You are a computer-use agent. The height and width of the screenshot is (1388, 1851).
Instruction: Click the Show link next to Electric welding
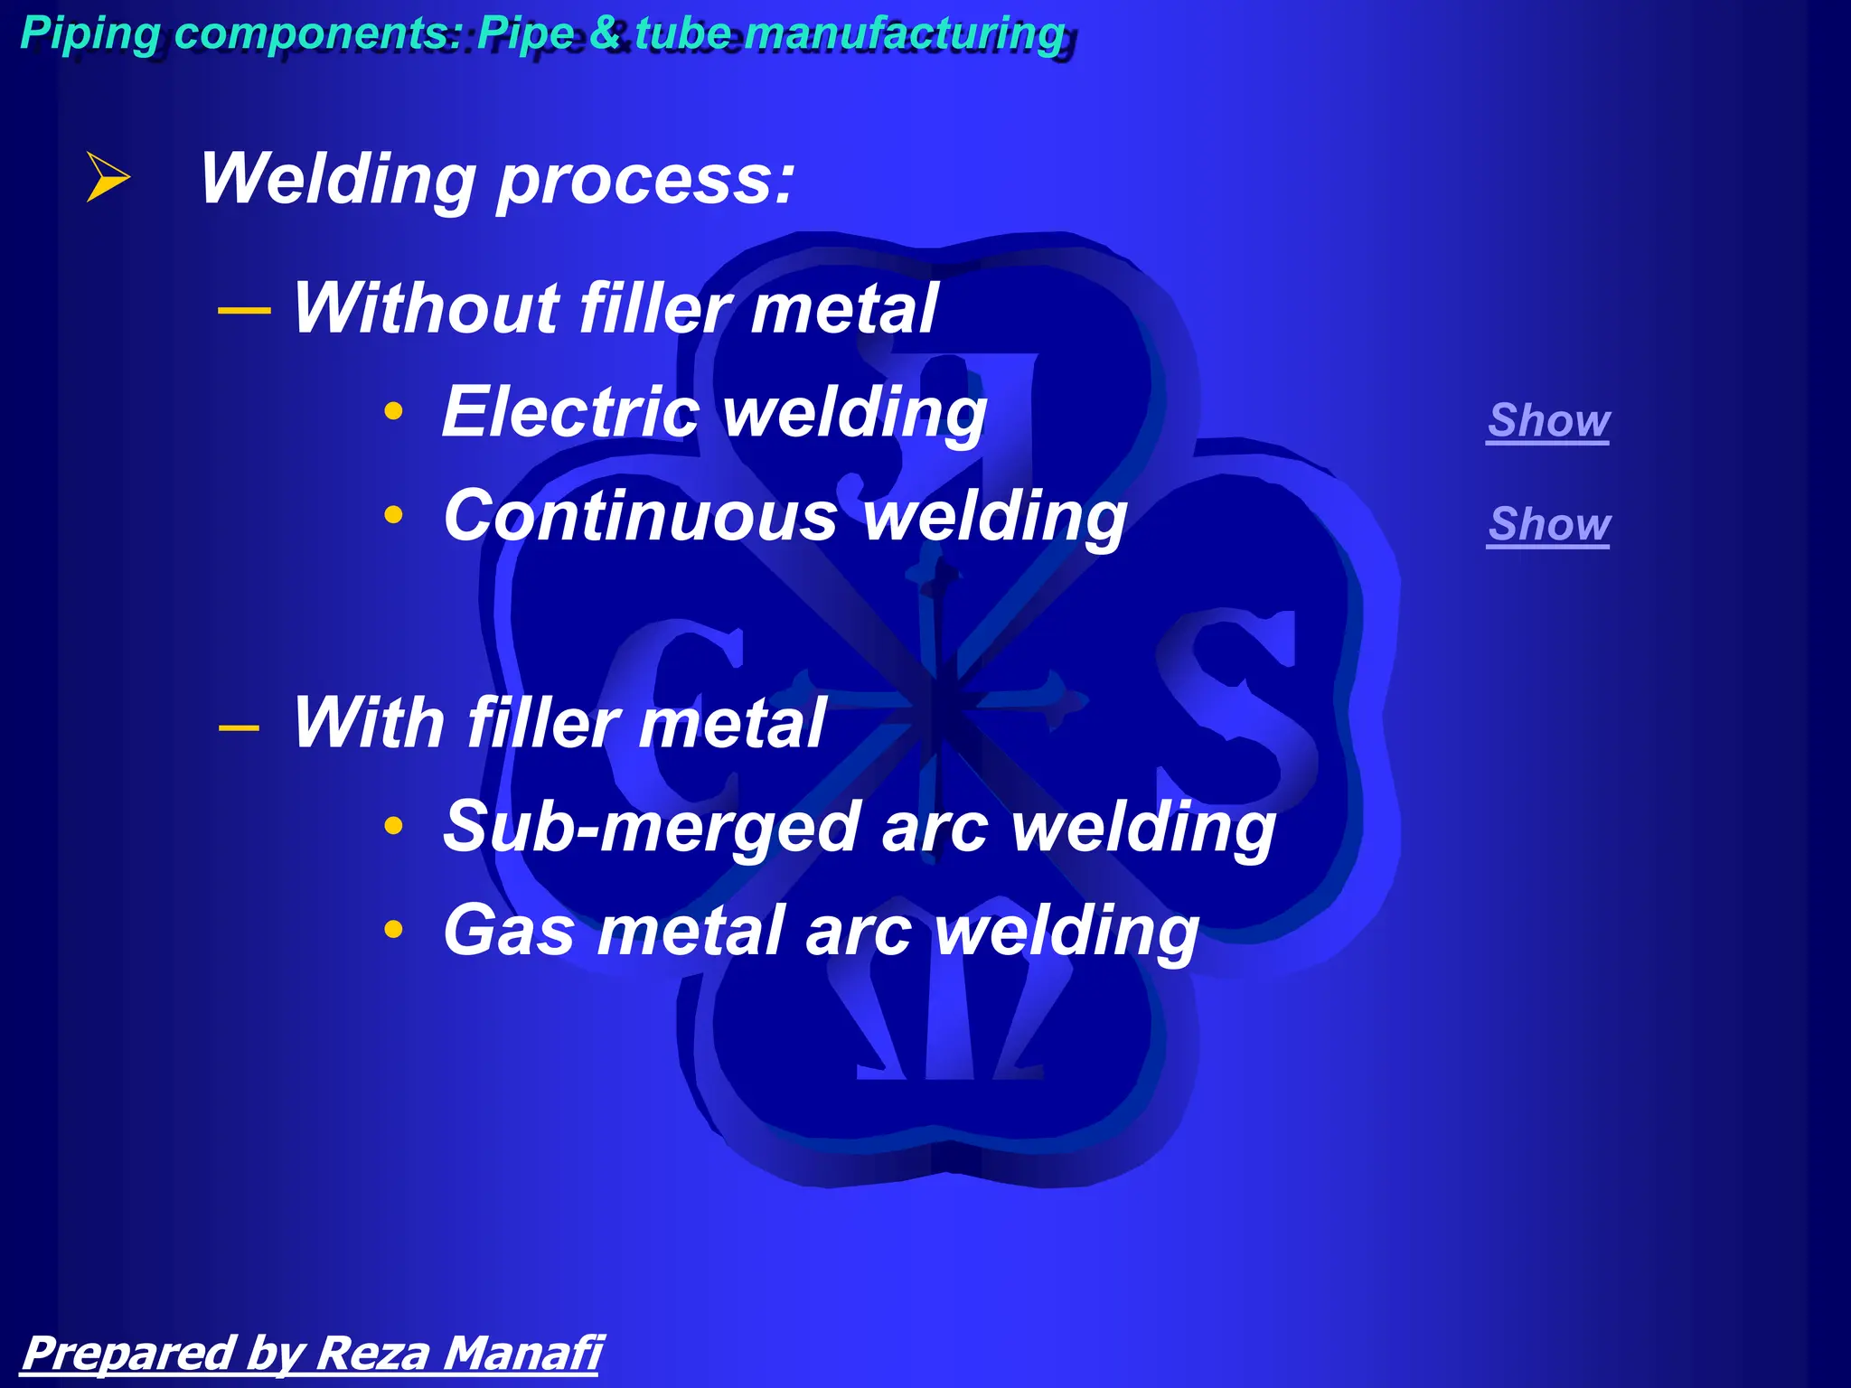[1548, 420]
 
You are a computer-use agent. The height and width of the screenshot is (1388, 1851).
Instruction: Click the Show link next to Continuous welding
[1549, 524]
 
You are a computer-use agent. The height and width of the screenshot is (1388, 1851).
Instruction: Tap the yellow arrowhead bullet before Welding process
[108, 177]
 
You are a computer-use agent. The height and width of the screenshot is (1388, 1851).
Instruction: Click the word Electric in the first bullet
[570, 412]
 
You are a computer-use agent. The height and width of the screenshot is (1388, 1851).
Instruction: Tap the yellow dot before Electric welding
[393, 411]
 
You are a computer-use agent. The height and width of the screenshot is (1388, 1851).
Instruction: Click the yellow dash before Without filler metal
[244, 311]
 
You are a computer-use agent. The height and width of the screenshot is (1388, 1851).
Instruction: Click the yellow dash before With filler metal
[240, 727]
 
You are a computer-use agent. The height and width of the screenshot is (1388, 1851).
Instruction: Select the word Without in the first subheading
[425, 309]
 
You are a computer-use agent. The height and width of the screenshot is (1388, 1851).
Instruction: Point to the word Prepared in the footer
[127, 1353]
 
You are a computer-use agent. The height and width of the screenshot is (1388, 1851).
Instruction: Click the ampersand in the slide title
[605, 33]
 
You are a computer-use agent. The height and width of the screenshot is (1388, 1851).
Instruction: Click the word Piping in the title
[89, 33]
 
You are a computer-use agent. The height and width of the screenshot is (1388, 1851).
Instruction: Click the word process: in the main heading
[645, 179]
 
